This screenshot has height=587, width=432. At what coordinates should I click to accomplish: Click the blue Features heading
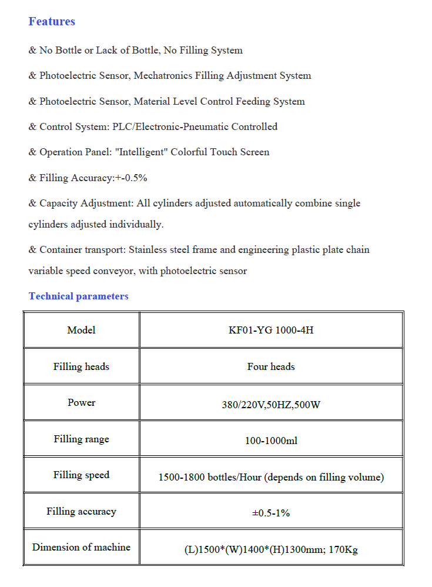tap(52, 22)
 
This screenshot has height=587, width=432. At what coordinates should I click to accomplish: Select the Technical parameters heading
tap(78, 296)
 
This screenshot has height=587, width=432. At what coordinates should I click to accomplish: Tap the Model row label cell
tap(81, 330)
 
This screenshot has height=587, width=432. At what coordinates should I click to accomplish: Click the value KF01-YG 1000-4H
tap(271, 330)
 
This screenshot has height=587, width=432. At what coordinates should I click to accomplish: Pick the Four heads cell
tap(271, 366)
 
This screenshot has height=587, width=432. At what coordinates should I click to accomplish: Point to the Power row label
tap(81, 403)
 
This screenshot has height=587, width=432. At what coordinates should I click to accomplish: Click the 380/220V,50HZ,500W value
tap(271, 405)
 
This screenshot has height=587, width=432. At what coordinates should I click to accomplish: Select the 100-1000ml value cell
tap(271, 441)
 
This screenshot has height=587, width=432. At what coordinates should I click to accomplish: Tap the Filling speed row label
tap(81, 475)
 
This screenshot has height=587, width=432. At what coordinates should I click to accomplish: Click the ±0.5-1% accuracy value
tap(271, 513)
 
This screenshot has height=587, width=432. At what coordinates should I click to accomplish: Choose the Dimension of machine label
tap(81, 548)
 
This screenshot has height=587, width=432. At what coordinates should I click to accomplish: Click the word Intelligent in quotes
tap(143, 152)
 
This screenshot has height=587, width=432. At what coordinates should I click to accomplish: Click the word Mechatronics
tap(163, 76)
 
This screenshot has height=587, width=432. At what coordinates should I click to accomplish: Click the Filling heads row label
tap(81, 366)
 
